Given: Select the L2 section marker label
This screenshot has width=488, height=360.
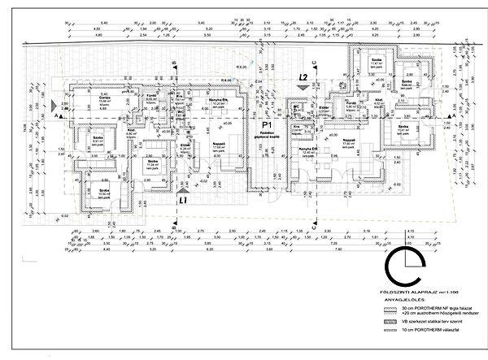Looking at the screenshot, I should click(x=303, y=77).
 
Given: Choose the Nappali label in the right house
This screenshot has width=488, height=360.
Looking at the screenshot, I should click(x=348, y=140).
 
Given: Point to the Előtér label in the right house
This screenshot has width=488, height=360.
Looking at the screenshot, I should click(x=323, y=106).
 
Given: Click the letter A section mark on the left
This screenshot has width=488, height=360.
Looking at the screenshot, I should click(x=56, y=117).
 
